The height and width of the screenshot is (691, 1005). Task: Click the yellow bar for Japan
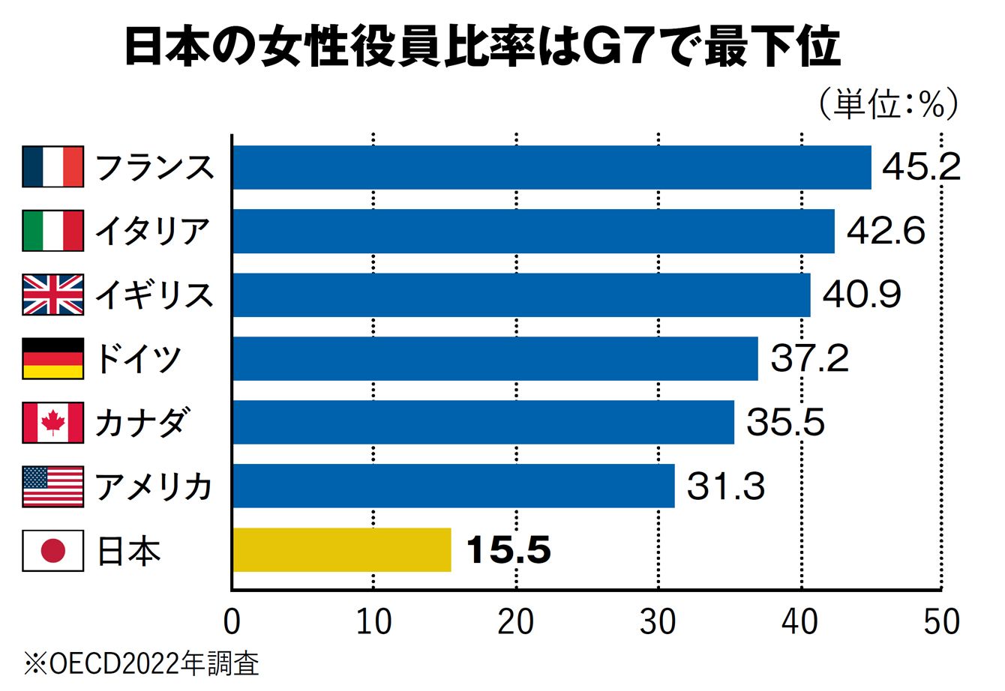pyautogui.click(x=343, y=549)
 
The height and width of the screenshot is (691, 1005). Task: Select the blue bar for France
pyautogui.click(x=552, y=167)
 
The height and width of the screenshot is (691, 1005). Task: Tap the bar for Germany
pyautogui.click(x=495, y=358)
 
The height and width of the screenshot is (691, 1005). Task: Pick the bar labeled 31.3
pyautogui.click(x=454, y=486)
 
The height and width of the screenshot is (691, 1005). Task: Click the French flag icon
pyautogui.click(x=52, y=166)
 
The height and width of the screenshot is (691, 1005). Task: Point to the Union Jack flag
pyautogui.click(x=52, y=295)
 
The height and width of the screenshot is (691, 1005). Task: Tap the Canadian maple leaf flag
pyautogui.click(x=52, y=423)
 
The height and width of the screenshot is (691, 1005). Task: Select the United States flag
pyautogui.click(x=52, y=486)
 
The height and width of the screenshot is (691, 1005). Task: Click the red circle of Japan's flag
pyautogui.click(x=52, y=551)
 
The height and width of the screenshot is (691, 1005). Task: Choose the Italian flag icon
pyautogui.click(x=52, y=231)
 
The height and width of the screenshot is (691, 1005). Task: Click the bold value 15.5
pyautogui.click(x=508, y=551)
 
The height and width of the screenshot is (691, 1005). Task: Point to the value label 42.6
pyautogui.click(x=886, y=232)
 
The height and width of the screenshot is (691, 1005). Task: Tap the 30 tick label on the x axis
pyautogui.click(x=658, y=623)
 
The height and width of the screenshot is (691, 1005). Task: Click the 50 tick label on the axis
pyautogui.click(x=941, y=623)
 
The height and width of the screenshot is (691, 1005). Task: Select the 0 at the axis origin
pyautogui.click(x=232, y=623)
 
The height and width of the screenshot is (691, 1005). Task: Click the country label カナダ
pyautogui.click(x=141, y=423)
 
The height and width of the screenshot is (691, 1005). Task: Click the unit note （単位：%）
pyautogui.click(x=886, y=106)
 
